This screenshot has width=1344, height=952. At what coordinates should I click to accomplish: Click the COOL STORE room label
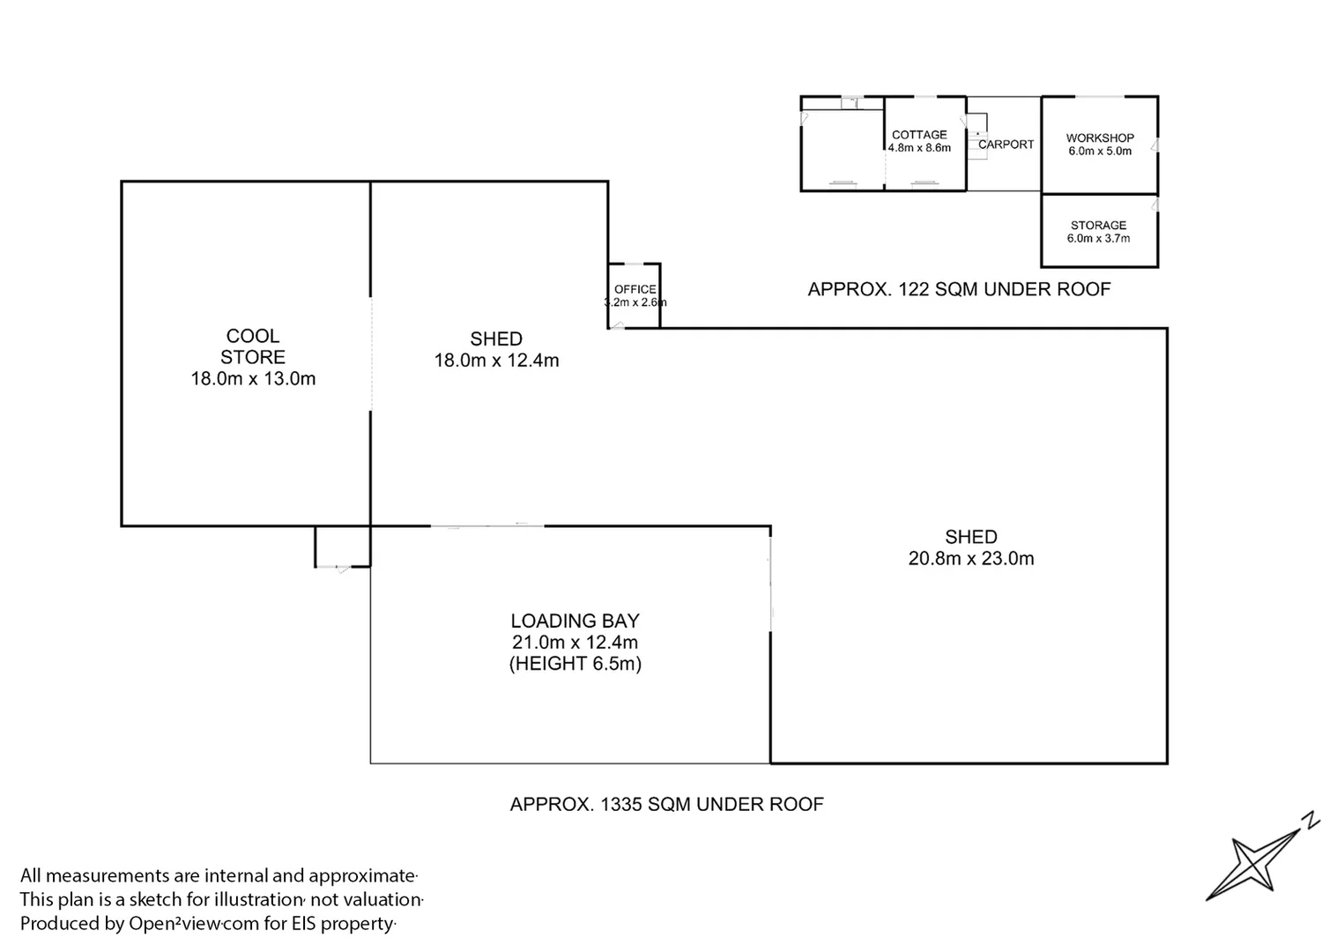[x=253, y=346]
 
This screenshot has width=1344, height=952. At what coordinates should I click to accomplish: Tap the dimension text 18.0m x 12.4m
[x=496, y=361]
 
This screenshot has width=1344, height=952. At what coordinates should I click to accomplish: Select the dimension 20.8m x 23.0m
[x=971, y=558]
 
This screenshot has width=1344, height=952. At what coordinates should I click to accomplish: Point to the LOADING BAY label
[x=575, y=621]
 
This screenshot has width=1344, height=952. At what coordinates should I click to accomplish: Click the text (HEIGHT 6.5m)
[x=575, y=663]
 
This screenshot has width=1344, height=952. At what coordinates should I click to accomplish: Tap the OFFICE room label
[x=635, y=289]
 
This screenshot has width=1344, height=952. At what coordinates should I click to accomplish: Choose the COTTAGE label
[x=919, y=135]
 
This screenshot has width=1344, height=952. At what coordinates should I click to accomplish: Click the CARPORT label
[x=1006, y=145]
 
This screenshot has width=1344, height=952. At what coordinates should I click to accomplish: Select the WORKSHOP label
[x=1100, y=138]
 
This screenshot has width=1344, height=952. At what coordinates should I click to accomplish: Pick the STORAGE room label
[x=1099, y=226]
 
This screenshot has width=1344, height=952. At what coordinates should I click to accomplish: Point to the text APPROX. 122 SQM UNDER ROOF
[x=959, y=289]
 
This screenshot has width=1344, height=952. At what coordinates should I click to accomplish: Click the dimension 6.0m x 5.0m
[x=1100, y=152]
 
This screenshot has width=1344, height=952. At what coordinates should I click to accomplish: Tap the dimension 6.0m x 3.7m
[x=1098, y=238]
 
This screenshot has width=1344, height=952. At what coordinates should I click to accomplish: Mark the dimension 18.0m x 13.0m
[x=253, y=379]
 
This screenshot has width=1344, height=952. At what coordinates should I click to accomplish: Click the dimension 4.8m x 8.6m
[x=919, y=148]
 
